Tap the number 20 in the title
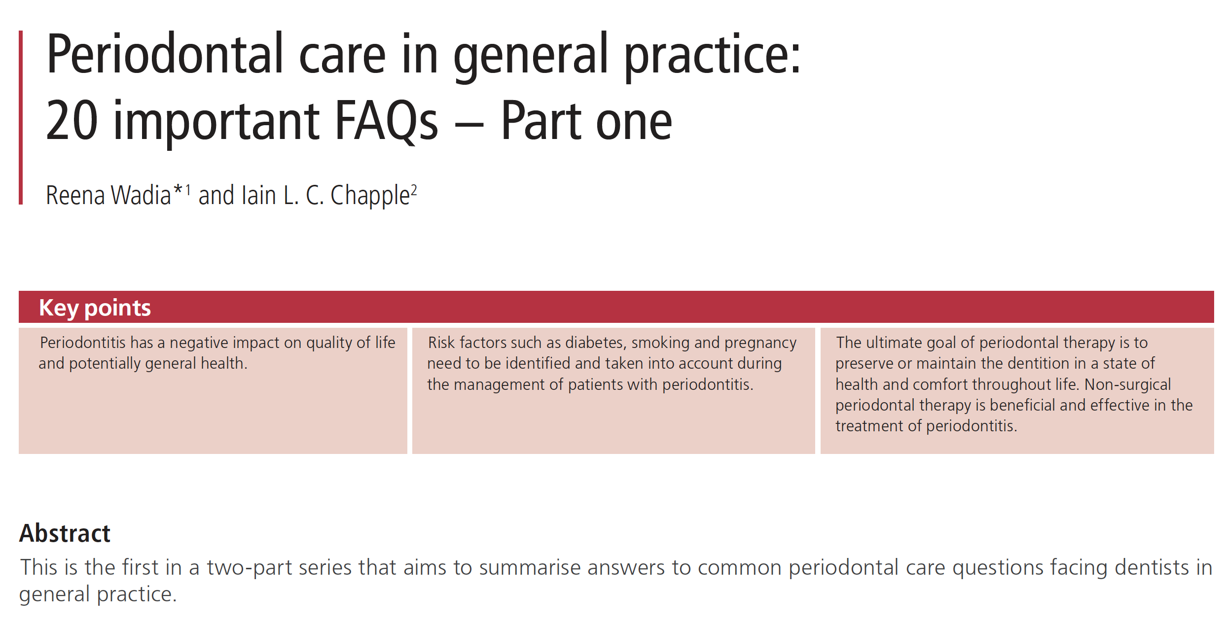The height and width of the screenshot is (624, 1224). click(72, 120)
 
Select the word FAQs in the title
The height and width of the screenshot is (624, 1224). click(386, 120)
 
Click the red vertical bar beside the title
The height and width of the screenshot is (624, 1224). click(21, 117)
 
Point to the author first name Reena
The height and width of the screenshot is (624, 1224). click(75, 195)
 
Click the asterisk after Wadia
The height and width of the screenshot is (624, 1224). click(178, 189)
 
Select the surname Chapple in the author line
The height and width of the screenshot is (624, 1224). click(370, 196)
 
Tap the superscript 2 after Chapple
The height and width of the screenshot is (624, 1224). click(414, 190)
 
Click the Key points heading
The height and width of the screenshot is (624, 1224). click(95, 308)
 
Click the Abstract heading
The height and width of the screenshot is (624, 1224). click(65, 533)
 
